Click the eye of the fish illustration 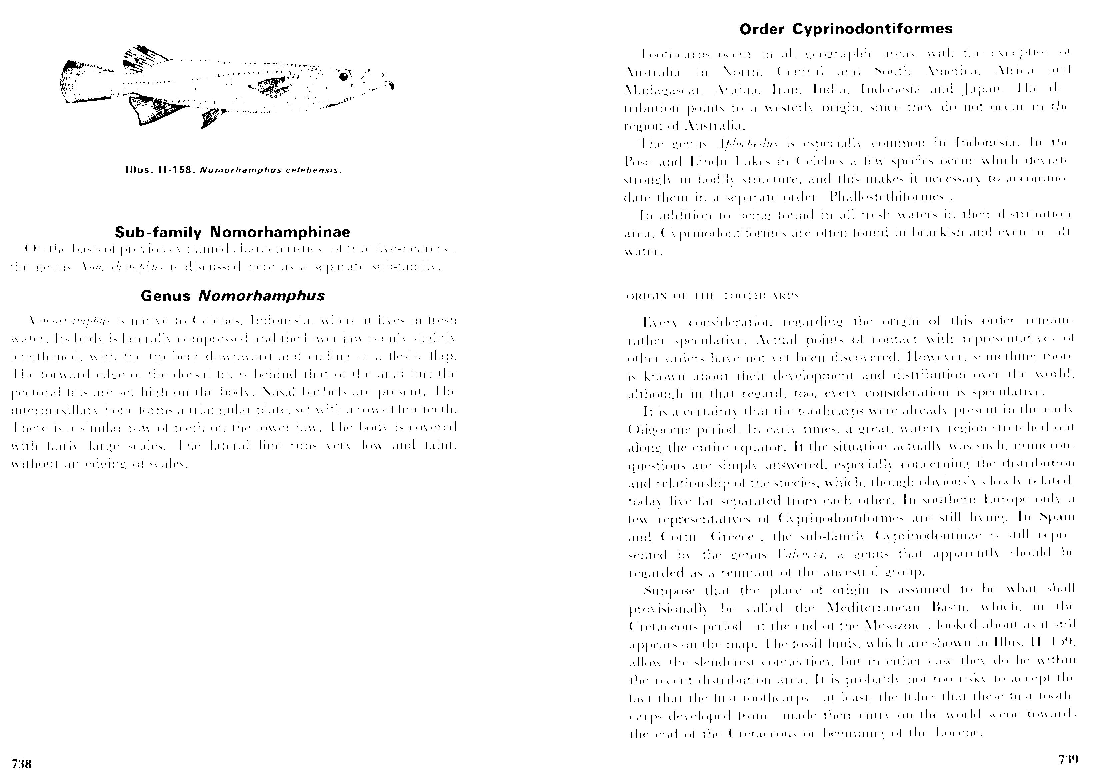coord(343,76)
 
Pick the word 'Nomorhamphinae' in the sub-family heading coord(280,232)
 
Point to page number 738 coord(22,764)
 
